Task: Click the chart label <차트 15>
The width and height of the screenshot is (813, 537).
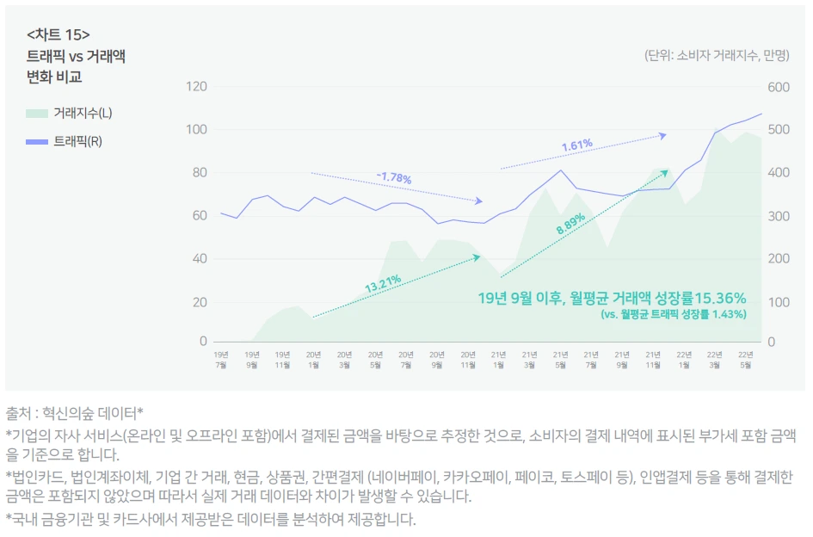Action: [59, 34]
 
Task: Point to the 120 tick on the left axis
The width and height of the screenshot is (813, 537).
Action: [197, 87]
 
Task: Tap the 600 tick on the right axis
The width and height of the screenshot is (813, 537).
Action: [778, 87]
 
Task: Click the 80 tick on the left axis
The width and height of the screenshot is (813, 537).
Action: [200, 172]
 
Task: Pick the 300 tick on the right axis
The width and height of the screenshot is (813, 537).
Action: [778, 215]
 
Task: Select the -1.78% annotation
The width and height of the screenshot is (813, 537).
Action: [393, 178]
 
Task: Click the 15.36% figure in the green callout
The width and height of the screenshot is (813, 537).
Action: [717, 298]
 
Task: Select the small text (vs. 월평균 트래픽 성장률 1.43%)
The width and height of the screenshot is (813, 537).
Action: [674, 315]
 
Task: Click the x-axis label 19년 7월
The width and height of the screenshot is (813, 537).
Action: [221, 358]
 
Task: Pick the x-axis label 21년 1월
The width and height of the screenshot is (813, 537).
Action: [498, 358]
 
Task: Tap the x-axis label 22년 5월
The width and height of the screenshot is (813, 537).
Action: [745, 358]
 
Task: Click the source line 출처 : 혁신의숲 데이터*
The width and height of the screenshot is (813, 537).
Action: [74, 412]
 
